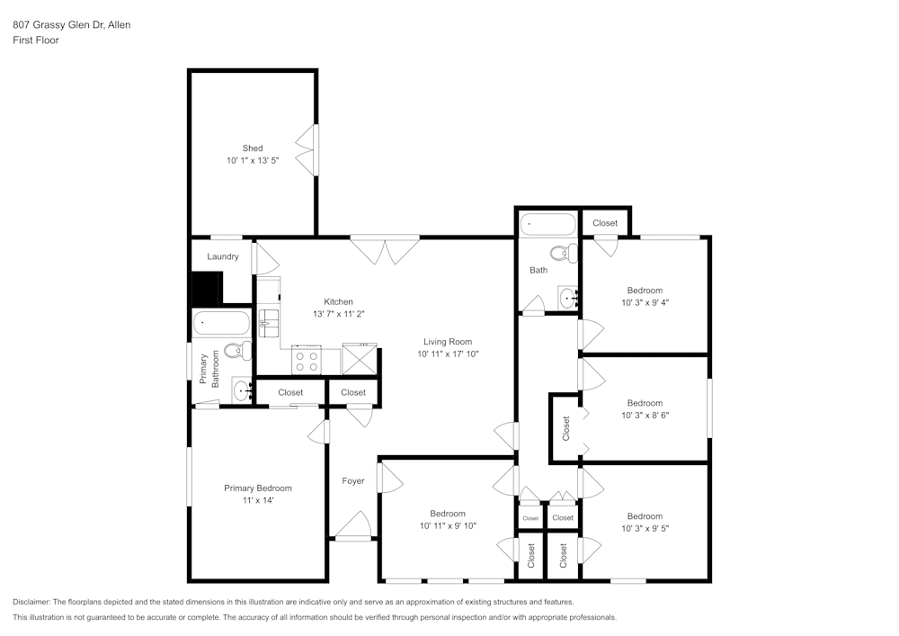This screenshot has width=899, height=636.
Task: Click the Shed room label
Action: tap(253, 148)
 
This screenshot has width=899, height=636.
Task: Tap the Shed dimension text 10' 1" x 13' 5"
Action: tap(253, 161)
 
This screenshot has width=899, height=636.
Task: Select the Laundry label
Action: tap(223, 256)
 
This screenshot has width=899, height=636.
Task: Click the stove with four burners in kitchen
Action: tap(307, 361)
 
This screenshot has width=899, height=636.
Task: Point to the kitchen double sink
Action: tap(269, 322)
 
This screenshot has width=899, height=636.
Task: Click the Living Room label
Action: tap(448, 342)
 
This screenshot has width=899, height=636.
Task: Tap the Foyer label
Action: tap(353, 481)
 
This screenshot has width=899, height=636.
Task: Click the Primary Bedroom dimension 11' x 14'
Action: tap(258, 500)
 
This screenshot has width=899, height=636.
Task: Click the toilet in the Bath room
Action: tap(564, 253)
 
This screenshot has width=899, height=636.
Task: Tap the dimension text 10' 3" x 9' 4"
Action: tap(645, 302)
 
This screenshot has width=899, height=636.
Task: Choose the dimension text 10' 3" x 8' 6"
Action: tap(645, 416)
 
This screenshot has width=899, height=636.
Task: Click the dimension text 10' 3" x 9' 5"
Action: tap(645, 529)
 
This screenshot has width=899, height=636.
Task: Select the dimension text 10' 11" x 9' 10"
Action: tap(447, 525)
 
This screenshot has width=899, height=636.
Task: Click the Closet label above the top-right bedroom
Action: tap(605, 223)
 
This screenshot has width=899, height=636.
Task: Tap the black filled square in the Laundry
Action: tap(207, 287)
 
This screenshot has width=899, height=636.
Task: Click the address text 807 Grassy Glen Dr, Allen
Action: tap(71, 25)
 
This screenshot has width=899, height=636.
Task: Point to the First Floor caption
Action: tap(36, 40)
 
